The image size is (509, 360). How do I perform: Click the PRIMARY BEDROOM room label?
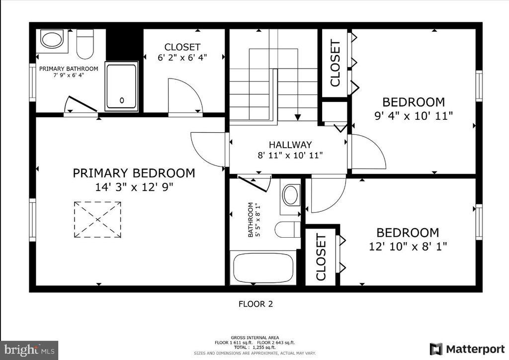pyautogui.click(x=134, y=173)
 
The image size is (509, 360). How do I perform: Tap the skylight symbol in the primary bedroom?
pyautogui.click(x=97, y=220)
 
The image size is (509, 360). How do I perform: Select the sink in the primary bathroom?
pyautogui.click(x=52, y=39)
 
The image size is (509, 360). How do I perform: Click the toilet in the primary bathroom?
pyautogui.click(x=85, y=44)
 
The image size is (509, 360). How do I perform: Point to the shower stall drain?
pyautogui.click(x=122, y=100)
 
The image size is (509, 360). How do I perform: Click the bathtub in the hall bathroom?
pyautogui.click(x=263, y=268)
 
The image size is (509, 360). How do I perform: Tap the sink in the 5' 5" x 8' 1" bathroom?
pyautogui.click(x=291, y=195)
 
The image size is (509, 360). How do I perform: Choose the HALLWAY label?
pyautogui.click(x=290, y=145)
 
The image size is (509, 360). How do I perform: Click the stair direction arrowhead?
pyautogui.click(x=298, y=117)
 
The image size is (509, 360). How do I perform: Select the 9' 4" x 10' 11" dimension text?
pyautogui.click(x=414, y=116)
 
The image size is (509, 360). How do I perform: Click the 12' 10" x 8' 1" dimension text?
pyautogui.click(x=408, y=247)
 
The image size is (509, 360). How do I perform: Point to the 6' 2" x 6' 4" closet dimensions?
pyautogui.click(x=182, y=58)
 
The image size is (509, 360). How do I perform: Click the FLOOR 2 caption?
pyautogui.click(x=256, y=304)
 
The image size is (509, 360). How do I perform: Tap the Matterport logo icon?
pyautogui.click(x=436, y=349)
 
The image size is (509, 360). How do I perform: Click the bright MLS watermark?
pyautogui.click(x=29, y=350)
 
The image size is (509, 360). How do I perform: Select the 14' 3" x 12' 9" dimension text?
pyautogui.click(x=134, y=187)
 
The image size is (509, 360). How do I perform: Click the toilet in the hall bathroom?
pyautogui.click(x=288, y=230)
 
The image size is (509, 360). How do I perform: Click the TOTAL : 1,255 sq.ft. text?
pyautogui.click(x=254, y=348)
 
